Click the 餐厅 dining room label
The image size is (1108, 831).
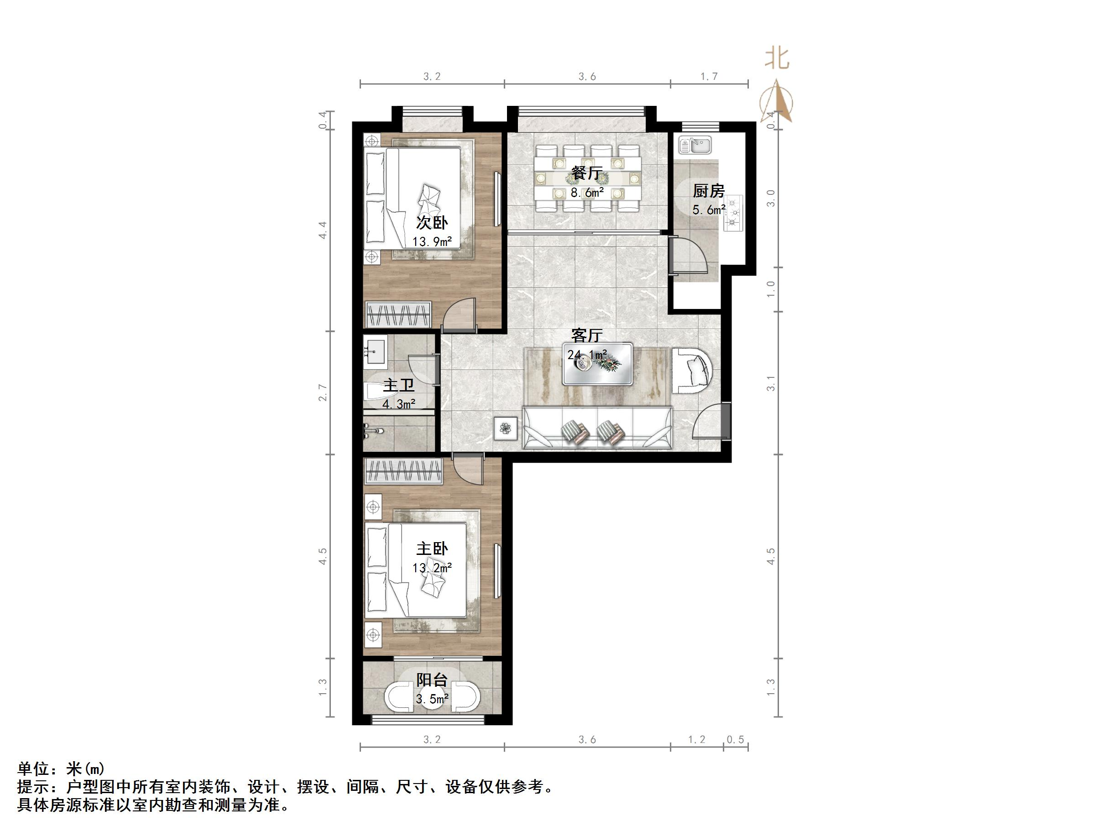point(586,173)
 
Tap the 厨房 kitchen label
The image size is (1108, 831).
point(708,191)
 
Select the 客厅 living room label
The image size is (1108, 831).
point(586,334)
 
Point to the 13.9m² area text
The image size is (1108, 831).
point(432,242)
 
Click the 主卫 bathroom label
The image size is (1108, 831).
point(398,385)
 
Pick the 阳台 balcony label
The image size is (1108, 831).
point(432,680)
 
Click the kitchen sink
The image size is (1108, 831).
point(695,145)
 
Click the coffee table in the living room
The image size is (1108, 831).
point(597,364)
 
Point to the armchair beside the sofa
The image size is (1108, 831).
point(692,371)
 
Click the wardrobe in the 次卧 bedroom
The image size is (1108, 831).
point(398,314)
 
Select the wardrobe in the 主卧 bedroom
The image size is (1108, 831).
point(404,471)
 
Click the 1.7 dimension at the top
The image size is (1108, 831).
point(709,77)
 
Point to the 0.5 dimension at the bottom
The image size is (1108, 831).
point(735,740)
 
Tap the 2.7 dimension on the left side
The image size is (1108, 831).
point(323,393)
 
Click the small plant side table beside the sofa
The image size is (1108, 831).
point(506,429)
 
